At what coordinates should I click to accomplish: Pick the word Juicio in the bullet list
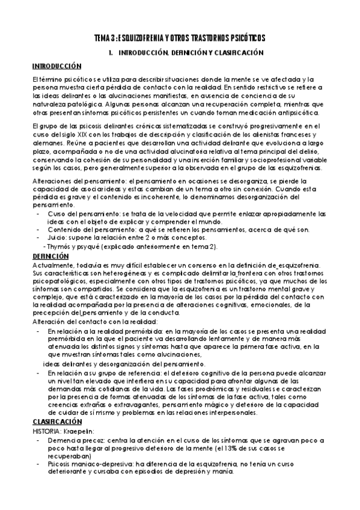[55, 238]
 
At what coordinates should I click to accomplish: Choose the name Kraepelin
[84, 431]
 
